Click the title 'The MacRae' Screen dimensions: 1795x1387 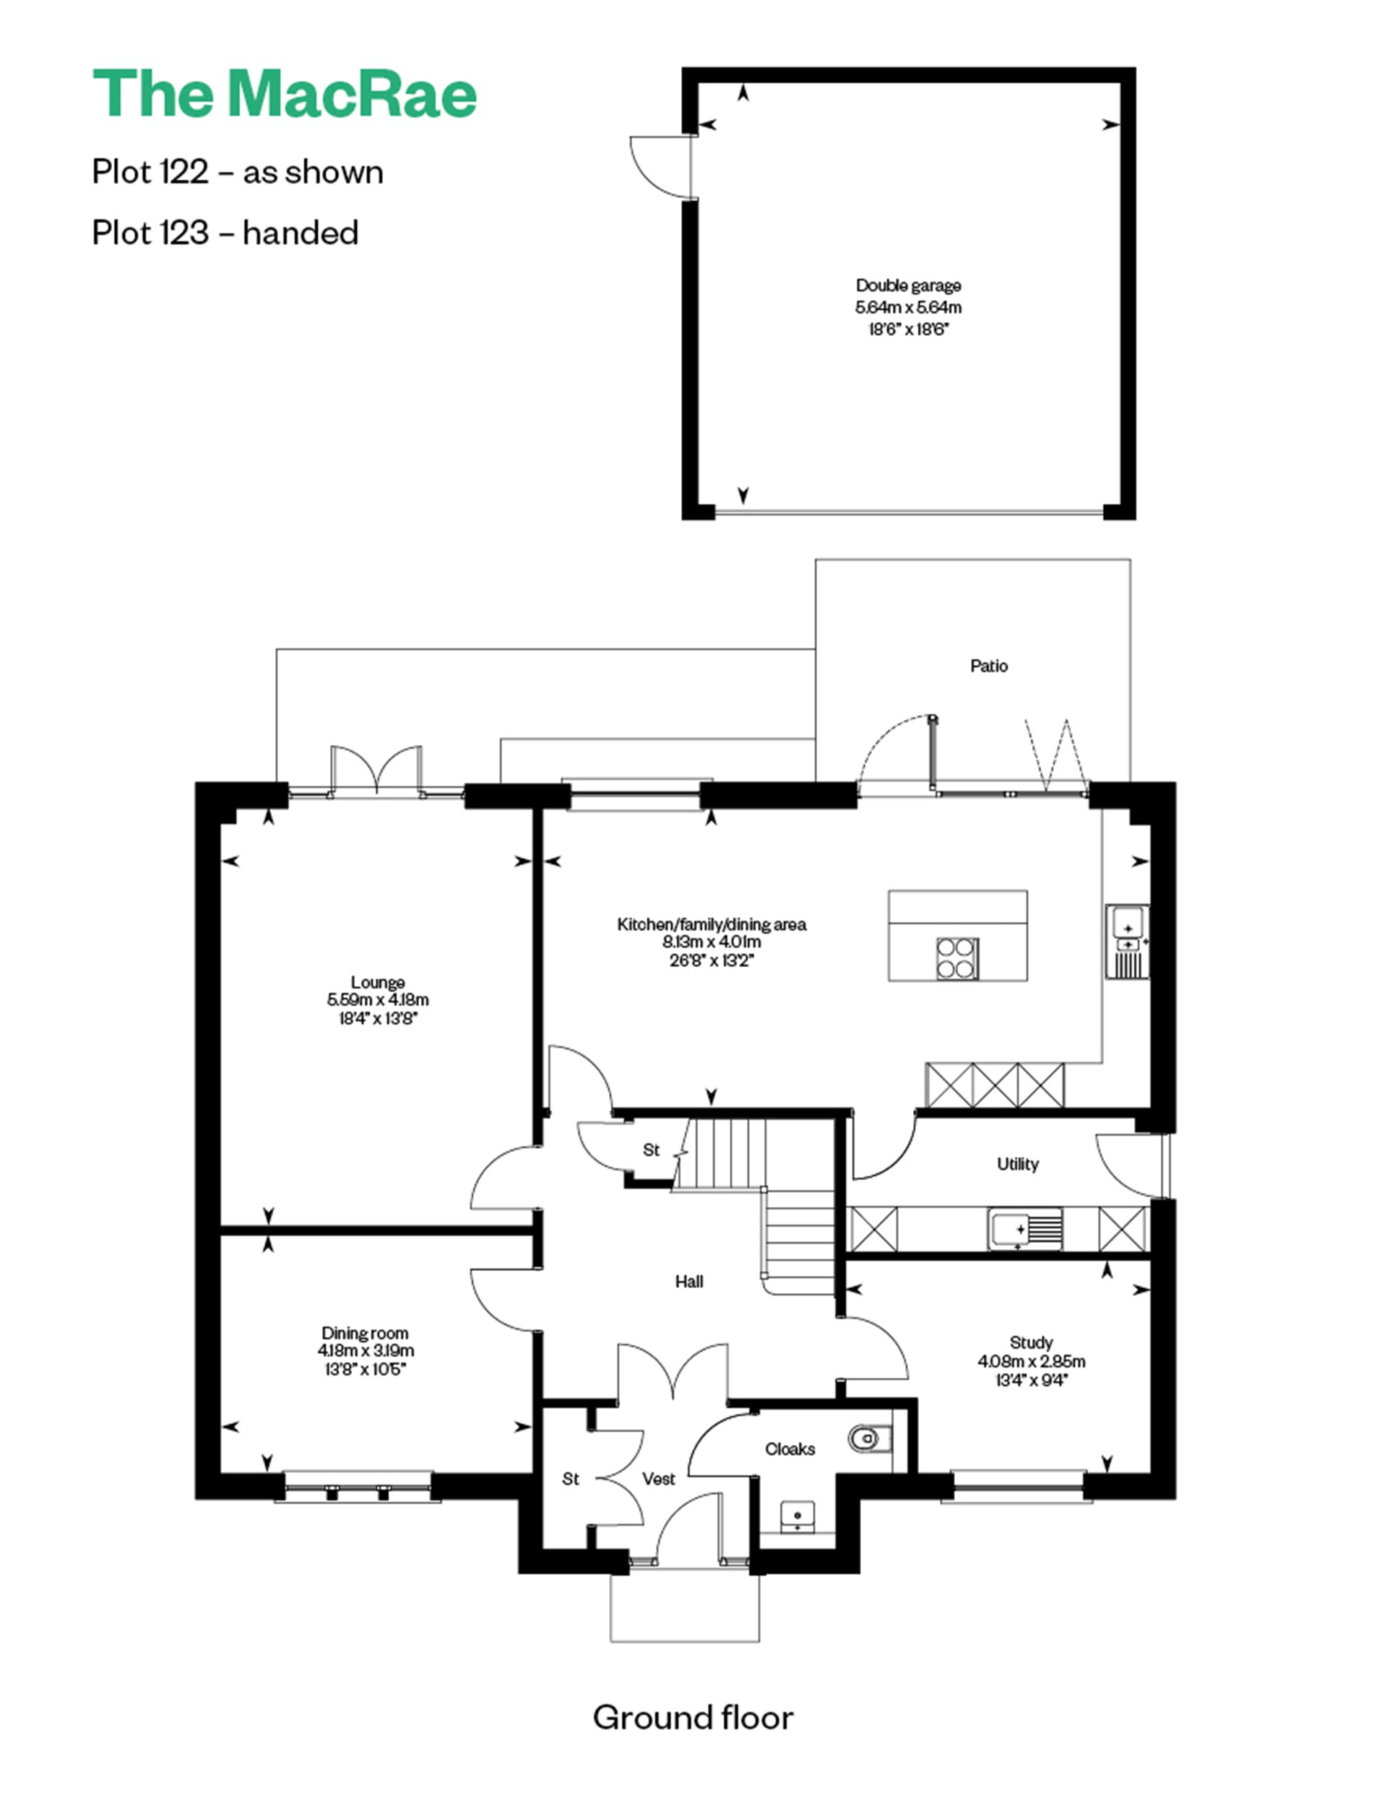click(285, 94)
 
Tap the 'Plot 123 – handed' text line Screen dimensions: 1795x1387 click(225, 233)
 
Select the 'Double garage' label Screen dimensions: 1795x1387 click(907, 286)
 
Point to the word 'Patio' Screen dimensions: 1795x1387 click(988, 666)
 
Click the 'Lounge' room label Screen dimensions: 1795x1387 click(377, 982)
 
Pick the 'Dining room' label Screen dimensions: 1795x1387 click(364, 1333)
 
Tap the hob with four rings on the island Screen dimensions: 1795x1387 click(957, 959)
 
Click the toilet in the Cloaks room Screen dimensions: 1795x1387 click(863, 1438)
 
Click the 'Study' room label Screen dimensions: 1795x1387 click(1031, 1343)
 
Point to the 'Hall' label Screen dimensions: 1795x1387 click(689, 1282)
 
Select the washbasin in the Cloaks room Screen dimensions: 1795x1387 click(798, 1514)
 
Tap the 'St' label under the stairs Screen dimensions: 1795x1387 click(651, 1149)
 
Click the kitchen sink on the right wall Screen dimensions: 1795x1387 click(1127, 941)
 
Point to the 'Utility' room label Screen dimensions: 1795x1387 click(1017, 1164)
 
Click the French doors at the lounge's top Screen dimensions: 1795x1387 click(376, 773)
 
